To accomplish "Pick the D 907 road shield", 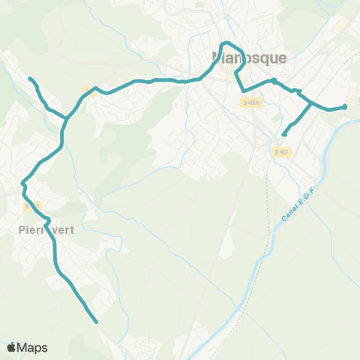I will click(x=281, y=152).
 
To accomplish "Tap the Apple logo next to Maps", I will click(x=11, y=347).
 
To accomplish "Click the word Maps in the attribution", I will click(x=32, y=347).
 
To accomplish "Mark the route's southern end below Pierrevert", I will click(x=97, y=322).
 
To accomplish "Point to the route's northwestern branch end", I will click(x=30, y=79).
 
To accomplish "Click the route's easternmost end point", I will click(x=345, y=106).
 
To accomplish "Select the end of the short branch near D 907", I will click(x=283, y=135).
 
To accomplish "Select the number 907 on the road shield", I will click(x=283, y=152).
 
